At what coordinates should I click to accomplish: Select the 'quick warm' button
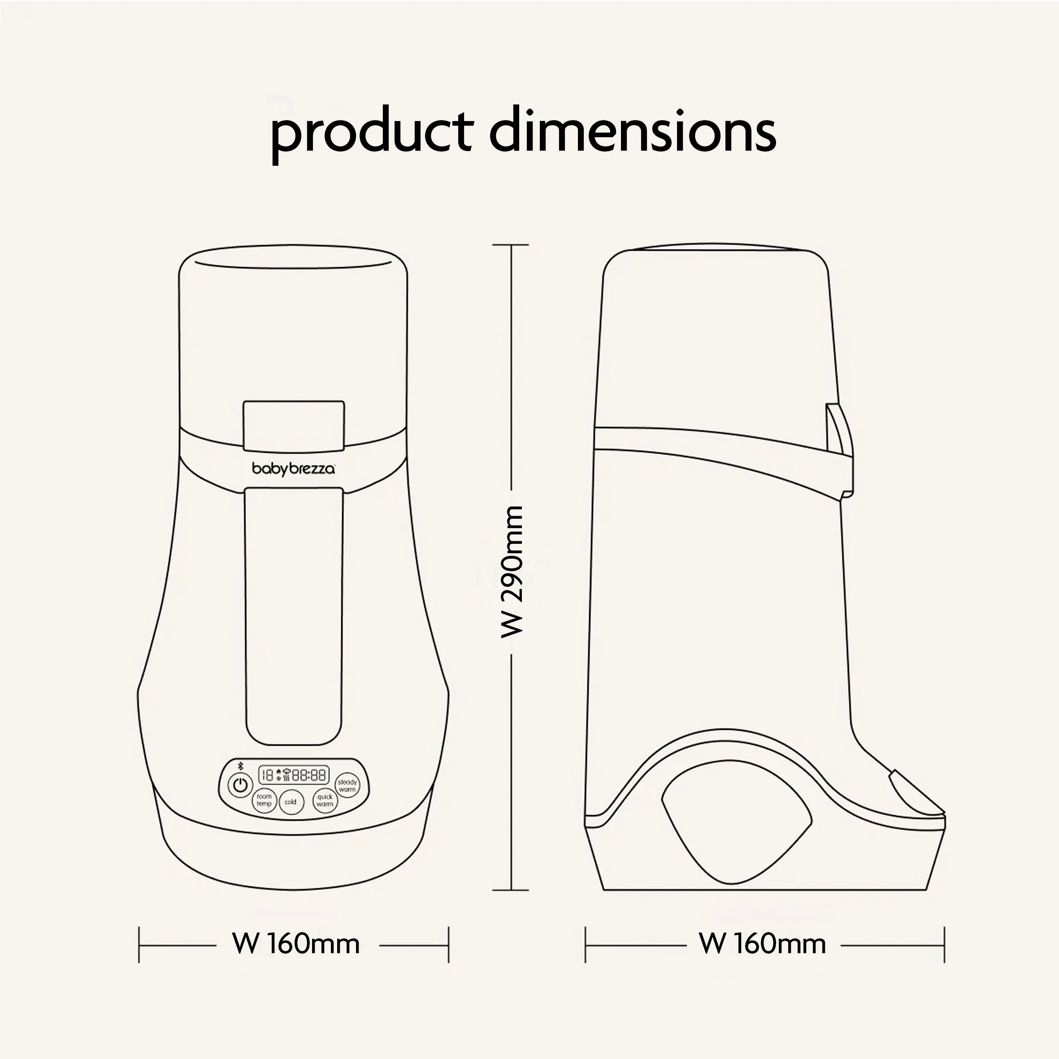[x=325, y=801]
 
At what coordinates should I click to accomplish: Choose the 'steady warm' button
[x=347, y=786]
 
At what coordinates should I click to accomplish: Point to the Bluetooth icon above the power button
[x=240, y=766]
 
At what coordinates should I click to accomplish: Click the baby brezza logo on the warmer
[x=293, y=469]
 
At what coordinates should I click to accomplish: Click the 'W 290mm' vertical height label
[x=512, y=572]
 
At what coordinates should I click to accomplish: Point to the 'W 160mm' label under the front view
[x=296, y=944]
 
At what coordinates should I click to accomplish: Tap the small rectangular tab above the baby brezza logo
[x=294, y=423]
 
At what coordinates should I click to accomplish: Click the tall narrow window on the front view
[x=294, y=616]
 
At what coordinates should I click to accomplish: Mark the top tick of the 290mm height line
[x=511, y=245]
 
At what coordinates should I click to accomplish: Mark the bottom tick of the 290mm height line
[x=511, y=890]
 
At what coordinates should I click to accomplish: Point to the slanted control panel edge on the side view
[x=916, y=791]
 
